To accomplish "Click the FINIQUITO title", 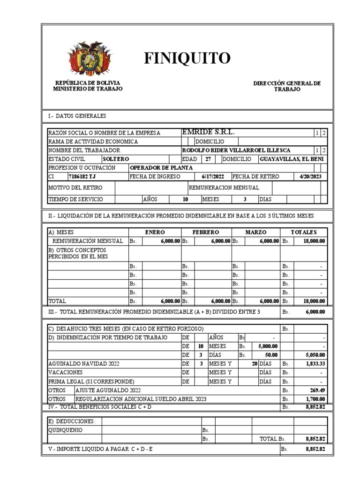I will (187, 58).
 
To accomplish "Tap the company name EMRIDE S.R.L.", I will (208, 133).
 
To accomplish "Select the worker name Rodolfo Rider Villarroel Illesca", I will (236, 150).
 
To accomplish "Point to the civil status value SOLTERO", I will (116, 159).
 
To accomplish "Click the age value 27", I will (207, 159).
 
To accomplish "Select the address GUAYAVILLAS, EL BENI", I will (291, 159).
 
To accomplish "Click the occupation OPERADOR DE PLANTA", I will (156, 167).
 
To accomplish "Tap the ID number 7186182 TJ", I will (82, 176).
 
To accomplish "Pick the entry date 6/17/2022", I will (213, 176).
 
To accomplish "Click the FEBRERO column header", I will (206, 232).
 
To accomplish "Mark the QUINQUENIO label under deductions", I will (66, 430).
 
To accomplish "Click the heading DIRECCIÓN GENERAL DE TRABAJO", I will (287, 86).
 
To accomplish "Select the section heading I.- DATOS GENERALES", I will (77, 115).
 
